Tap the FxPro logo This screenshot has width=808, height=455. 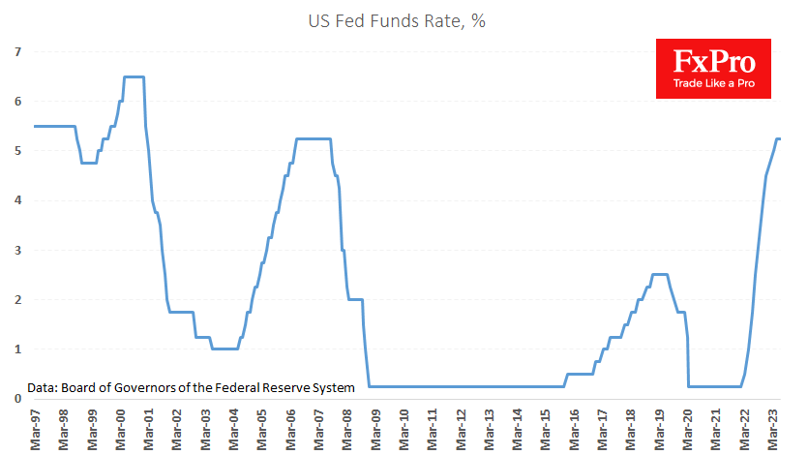[713, 68]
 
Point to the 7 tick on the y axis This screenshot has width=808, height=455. [16, 51]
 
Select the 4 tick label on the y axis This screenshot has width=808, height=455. [16, 200]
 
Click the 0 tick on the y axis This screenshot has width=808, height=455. [16, 398]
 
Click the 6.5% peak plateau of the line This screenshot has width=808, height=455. [134, 76]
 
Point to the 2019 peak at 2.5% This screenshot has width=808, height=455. [659, 274]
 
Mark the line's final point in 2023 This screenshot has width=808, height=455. [780, 138]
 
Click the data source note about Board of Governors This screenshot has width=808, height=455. [191, 387]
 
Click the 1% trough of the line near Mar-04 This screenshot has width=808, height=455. [224, 349]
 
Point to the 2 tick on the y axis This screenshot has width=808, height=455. [16, 299]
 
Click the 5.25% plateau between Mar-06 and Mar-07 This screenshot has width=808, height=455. [313, 138]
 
